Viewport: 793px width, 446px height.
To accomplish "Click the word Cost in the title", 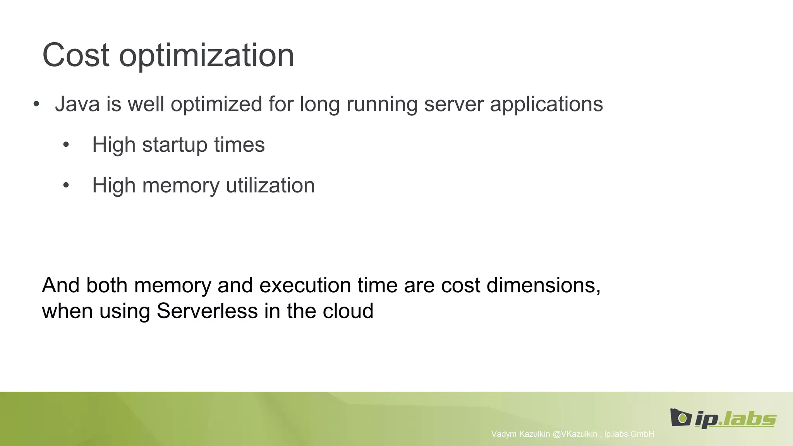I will coord(76,55).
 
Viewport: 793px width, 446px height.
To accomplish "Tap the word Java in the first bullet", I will coord(77,104).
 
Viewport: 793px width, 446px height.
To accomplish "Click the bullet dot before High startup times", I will coord(66,145).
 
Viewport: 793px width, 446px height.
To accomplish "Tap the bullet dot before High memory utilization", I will coord(66,185).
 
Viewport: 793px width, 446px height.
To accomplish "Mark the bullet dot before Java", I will coord(36,104).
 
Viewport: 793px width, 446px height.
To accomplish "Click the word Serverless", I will coord(207,311).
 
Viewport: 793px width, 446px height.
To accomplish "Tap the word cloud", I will coord(348,311).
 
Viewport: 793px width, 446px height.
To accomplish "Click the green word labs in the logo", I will coord(749,419).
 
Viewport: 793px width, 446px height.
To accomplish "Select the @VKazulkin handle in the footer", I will coord(575,434).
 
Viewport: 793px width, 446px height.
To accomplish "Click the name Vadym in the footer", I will coord(504,434).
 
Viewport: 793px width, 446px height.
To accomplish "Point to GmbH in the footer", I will coord(642,434).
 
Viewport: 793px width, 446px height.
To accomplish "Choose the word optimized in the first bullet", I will coord(216,105).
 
